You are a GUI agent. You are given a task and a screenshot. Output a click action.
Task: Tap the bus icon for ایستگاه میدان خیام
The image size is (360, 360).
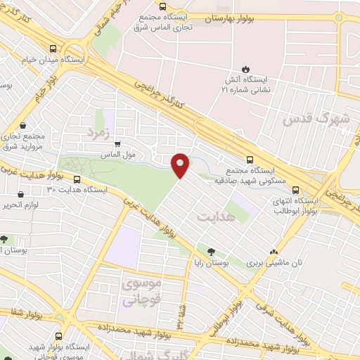(54, 49)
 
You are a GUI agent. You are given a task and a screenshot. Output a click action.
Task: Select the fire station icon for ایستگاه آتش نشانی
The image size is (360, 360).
(246, 68)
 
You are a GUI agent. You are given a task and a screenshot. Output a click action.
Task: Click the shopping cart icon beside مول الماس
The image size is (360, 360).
(118, 143)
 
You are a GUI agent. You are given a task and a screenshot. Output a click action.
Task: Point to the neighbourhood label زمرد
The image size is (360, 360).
(99, 131)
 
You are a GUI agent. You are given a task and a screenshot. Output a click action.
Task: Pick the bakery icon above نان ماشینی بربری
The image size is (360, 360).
(274, 252)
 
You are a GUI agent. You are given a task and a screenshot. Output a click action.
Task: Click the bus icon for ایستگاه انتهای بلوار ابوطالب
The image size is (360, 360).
(295, 189)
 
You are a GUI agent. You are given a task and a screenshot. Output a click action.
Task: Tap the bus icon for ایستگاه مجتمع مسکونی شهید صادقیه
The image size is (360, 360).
(250, 159)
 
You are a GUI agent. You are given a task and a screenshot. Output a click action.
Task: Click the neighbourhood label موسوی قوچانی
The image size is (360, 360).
(141, 292)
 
